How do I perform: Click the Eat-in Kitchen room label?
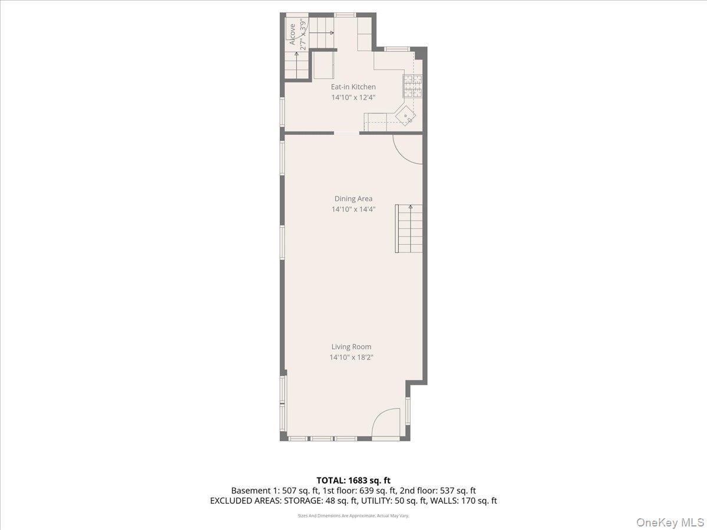pyautogui.click(x=353, y=87)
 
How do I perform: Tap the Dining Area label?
pyautogui.click(x=353, y=199)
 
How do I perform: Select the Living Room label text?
pyautogui.click(x=351, y=347)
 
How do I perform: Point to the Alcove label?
pyautogui.click(x=292, y=34)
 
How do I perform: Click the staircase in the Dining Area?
pyautogui.click(x=409, y=228)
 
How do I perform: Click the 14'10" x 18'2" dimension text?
pyautogui.click(x=352, y=357)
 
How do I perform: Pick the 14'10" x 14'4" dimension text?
pyautogui.click(x=353, y=210)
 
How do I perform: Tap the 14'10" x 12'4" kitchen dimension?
pyautogui.click(x=353, y=98)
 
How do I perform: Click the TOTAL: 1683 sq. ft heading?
pyautogui.click(x=353, y=481)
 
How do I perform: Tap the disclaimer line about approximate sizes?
pyautogui.click(x=353, y=516)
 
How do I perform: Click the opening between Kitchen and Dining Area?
pyautogui.click(x=346, y=134)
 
